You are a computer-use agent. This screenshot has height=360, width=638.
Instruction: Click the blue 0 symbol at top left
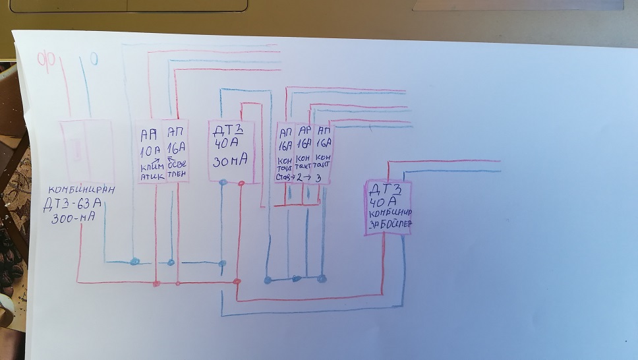[x=94, y=60]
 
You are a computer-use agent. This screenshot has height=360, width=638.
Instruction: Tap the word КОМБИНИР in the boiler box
[x=391, y=212]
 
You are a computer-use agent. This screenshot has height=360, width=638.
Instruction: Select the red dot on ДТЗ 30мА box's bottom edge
[x=242, y=183]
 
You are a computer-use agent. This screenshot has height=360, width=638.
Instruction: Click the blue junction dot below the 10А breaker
[x=134, y=262]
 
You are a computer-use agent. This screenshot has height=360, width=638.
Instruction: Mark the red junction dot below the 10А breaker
[x=156, y=284]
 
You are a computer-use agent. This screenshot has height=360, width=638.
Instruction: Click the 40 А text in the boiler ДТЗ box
[x=385, y=200]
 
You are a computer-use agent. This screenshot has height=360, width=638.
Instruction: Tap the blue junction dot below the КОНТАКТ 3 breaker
[x=322, y=278]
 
